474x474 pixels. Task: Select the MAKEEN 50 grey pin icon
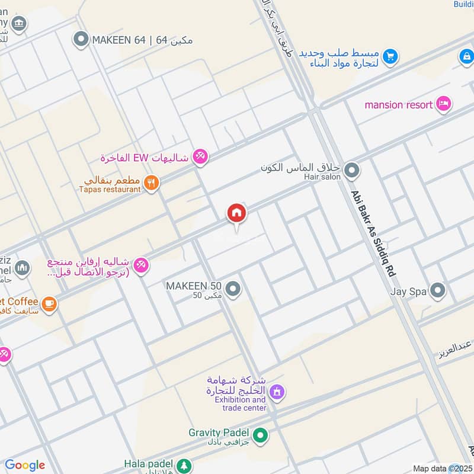click(x=233, y=289)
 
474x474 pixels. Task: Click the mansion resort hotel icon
click(x=443, y=105)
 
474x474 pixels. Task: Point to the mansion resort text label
click(x=398, y=105)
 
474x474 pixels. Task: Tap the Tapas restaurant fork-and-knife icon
click(x=152, y=183)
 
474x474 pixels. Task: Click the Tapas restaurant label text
click(x=110, y=189)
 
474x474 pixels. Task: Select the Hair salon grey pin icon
click(x=352, y=171)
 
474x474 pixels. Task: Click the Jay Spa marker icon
click(x=437, y=291)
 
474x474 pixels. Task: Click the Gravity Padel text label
click(x=218, y=433)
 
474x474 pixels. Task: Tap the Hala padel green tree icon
click(x=185, y=465)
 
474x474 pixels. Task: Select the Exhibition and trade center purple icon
click(x=277, y=392)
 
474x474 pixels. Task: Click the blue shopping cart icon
click(x=389, y=56)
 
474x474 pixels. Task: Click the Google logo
click(x=25, y=465)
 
